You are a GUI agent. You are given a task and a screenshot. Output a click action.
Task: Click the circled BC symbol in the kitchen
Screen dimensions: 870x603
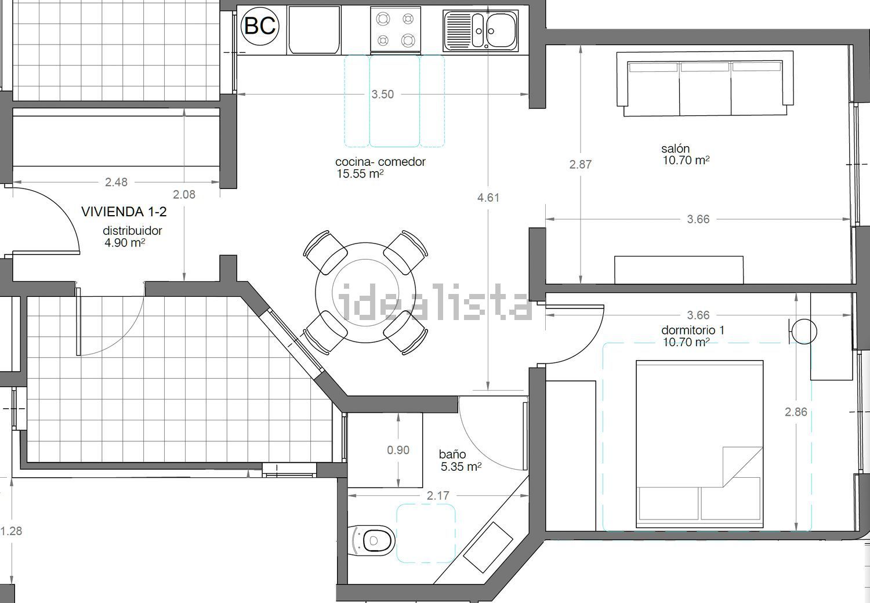[260, 26]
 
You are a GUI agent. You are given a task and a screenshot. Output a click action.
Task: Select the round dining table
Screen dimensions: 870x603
[365, 292]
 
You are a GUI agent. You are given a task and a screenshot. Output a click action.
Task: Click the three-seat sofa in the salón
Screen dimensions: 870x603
[705, 83]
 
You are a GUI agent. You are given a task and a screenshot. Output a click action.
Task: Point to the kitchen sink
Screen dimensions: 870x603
[480, 31]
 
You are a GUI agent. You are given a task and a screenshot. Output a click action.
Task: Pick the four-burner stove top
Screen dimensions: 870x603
[396, 30]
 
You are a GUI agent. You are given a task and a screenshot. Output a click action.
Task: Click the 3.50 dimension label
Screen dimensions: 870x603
[383, 95]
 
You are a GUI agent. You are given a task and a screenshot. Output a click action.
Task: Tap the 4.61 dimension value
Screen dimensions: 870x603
[488, 198]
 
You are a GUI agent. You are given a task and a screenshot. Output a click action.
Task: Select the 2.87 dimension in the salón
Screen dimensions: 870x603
[580, 165]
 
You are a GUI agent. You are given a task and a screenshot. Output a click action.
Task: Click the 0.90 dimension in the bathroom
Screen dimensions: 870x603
[398, 450]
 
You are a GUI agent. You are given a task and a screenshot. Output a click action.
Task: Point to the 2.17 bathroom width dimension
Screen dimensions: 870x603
[438, 496]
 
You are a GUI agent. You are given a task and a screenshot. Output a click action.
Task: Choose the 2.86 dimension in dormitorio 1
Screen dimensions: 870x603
[796, 412]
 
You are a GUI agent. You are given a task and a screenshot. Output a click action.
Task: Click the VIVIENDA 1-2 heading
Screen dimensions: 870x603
[124, 212]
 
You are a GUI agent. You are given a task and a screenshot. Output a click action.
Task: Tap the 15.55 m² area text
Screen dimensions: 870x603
[360, 173]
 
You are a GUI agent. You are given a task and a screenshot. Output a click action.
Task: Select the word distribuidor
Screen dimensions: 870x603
[132, 231]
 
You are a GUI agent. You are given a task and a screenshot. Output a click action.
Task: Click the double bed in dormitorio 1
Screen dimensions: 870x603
[699, 444]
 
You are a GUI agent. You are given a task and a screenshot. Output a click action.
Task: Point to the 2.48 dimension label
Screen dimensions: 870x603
[116, 182]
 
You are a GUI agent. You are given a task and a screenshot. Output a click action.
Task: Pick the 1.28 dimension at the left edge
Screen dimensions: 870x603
[11, 531]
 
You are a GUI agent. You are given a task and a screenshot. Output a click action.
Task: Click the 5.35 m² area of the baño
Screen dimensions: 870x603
[461, 466]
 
